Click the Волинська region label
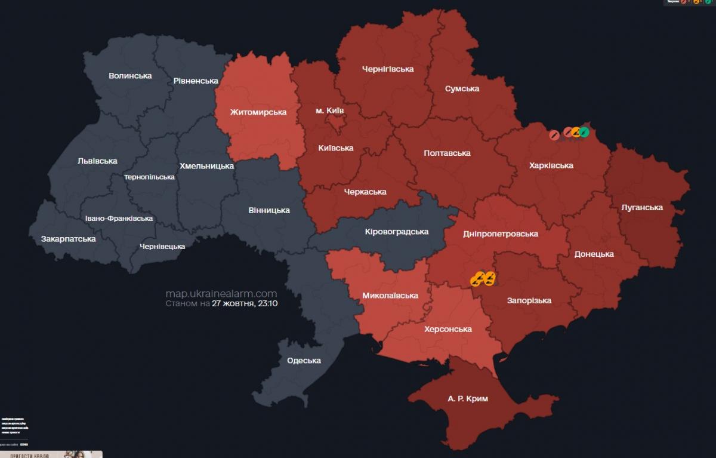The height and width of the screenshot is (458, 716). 130,76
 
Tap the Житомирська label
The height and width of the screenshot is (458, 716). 258,112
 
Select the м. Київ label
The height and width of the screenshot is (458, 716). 329,110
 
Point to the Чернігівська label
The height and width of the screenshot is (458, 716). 388,69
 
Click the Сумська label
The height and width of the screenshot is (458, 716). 462,89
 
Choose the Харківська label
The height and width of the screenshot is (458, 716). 551,165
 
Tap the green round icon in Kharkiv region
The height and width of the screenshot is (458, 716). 584,132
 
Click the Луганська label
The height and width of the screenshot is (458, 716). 641,208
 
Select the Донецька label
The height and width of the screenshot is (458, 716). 594,254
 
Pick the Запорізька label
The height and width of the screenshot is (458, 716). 529,300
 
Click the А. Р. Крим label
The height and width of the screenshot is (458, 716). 467,398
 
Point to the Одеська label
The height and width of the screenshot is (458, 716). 304,361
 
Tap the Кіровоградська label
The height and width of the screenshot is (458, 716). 396,232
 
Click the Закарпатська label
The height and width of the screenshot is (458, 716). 68,239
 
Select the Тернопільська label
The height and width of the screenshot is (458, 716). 149,177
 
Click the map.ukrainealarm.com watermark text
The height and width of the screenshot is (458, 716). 221,293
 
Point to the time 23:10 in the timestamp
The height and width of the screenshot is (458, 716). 268,303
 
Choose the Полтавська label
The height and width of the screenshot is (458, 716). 447,153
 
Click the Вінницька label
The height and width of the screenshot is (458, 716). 269,210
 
